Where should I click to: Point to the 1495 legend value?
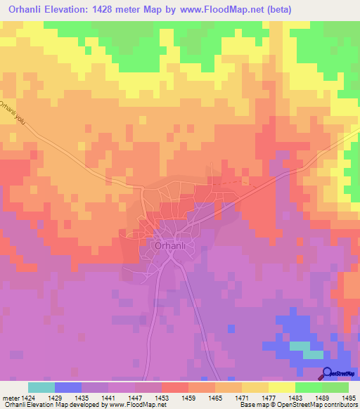coord(348,397)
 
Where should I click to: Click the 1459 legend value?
coord(188,397)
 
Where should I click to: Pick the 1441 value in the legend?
coord(108,397)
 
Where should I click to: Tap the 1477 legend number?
coord(269,397)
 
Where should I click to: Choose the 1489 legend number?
coord(322,397)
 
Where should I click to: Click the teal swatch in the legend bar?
coord(41,387)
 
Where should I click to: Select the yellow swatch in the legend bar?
coord(282,387)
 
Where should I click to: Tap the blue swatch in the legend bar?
coord(68,387)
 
